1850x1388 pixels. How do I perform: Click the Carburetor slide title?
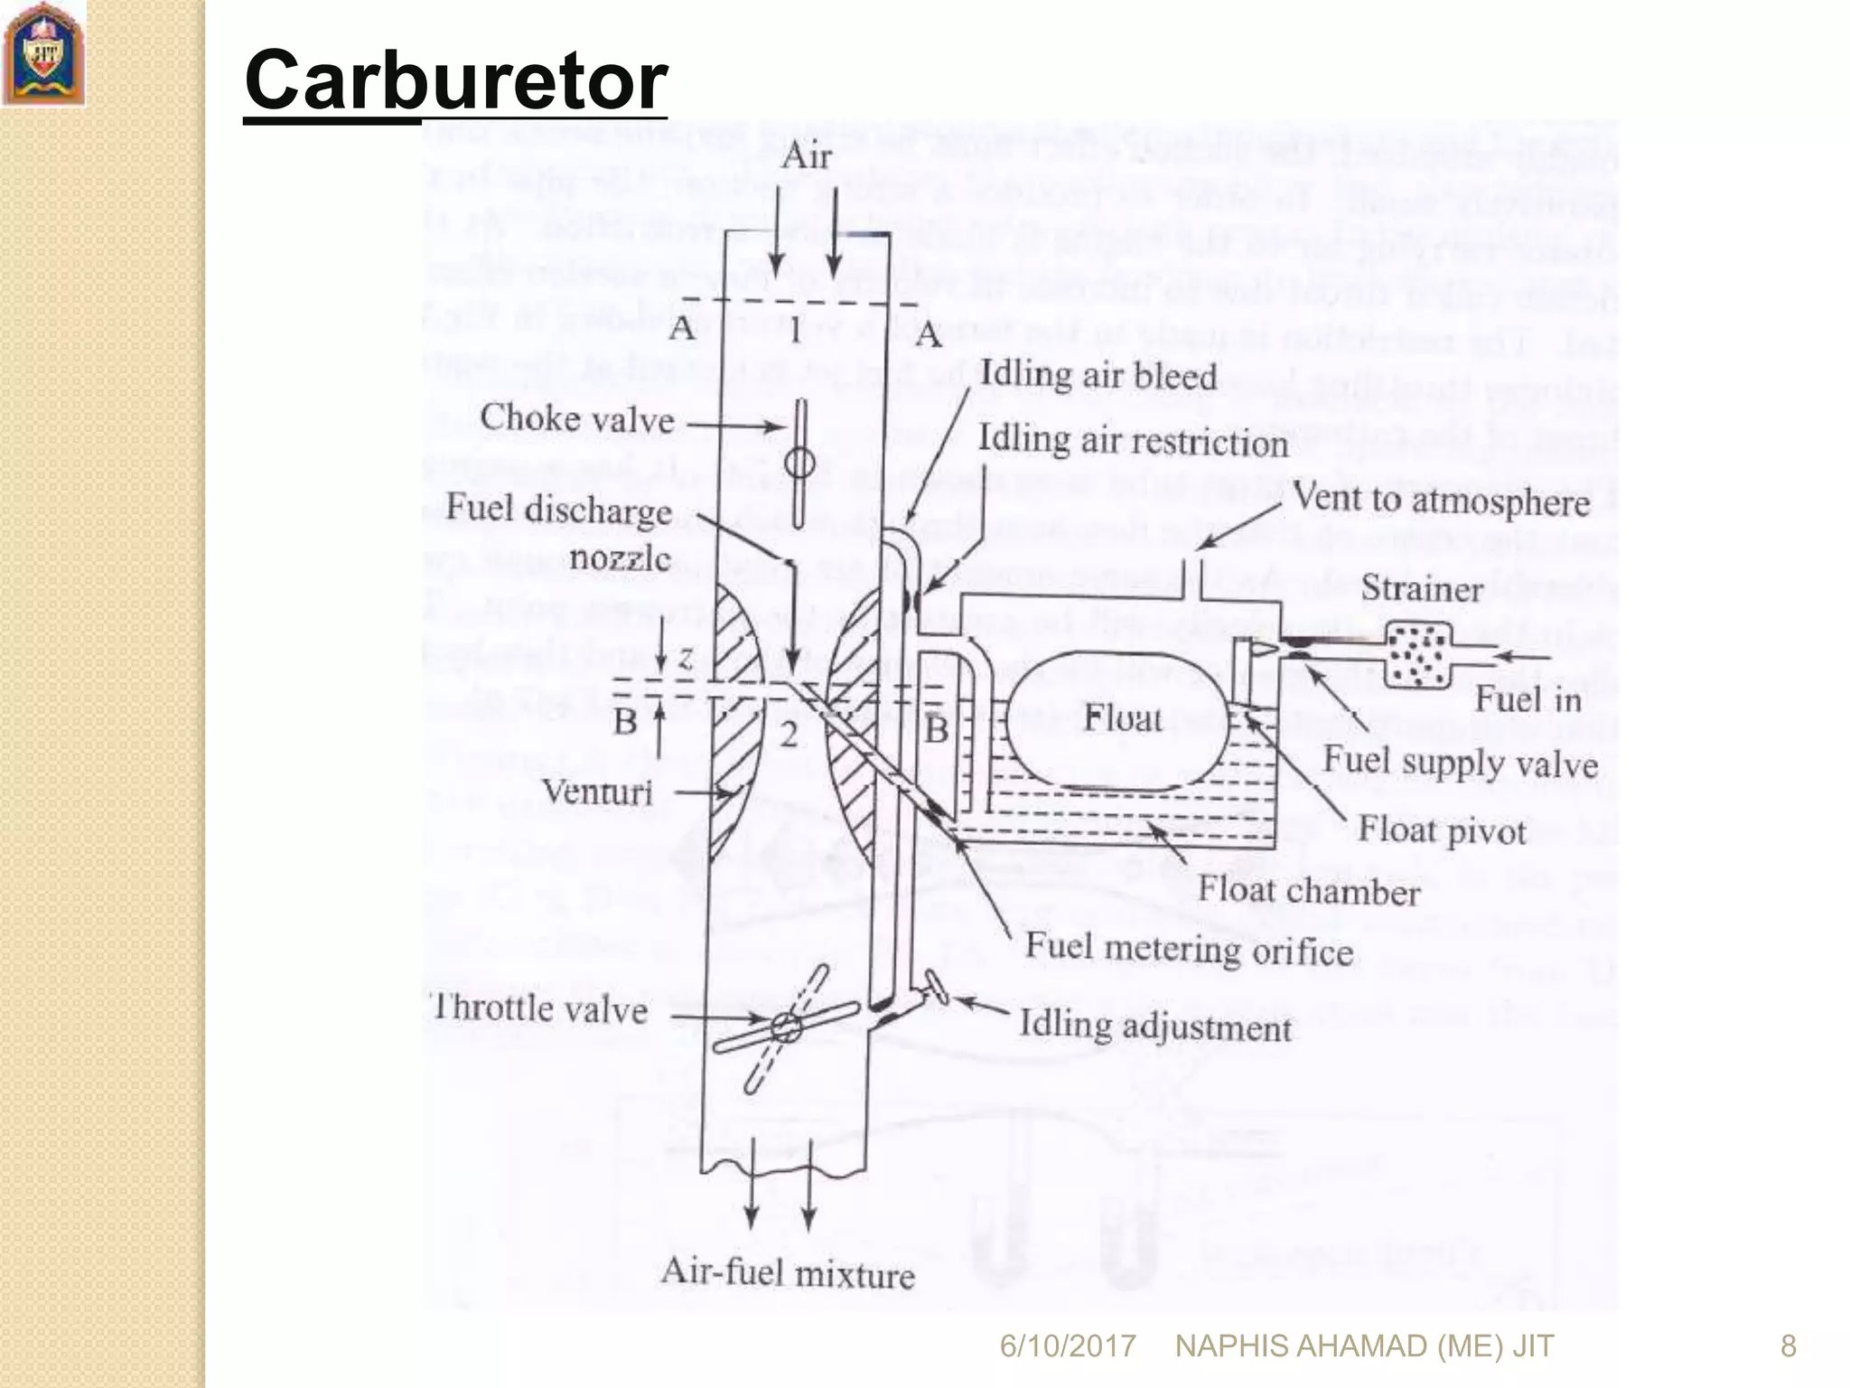pyautogui.click(x=455, y=81)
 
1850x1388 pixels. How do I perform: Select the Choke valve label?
pyautogui.click(x=576, y=419)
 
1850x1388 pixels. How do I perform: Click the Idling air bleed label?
pyautogui.click(x=1098, y=375)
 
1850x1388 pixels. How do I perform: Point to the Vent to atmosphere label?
pyautogui.click(x=1441, y=500)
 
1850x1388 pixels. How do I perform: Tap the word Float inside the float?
pyautogui.click(x=1123, y=719)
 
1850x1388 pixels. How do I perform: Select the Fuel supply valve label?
pyautogui.click(x=1460, y=764)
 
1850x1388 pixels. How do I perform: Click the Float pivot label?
pyautogui.click(x=1442, y=830)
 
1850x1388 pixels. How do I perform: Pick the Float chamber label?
pyautogui.click(x=1309, y=891)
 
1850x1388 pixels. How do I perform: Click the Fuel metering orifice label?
pyautogui.click(x=1189, y=950)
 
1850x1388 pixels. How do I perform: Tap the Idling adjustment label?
pyautogui.click(x=1155, y=1027)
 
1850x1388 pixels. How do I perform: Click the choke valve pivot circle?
pyautogui.click(x=799, y=464)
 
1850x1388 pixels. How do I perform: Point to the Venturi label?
pyautogui.click(x=597, y=792)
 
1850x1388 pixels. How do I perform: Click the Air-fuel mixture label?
pyautogui.click(x=788, y=1273)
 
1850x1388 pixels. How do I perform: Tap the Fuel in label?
pyautogui.click(x=1528, y=699)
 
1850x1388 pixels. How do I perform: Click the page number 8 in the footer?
pyautogui.click(x=1788, y=1346)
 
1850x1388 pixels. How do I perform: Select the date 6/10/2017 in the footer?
pyautogui.click(x=1067, y=1346)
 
